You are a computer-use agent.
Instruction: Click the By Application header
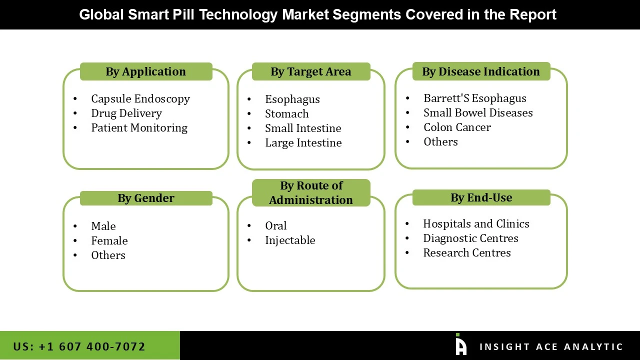click(x=145, y=71)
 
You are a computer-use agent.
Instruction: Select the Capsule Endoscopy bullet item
click(x=140, y=99)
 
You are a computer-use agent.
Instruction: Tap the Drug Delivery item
click(x=126, y=113)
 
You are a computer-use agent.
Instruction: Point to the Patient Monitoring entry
click(x=139, y=128)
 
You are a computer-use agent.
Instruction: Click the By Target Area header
click(x=310, y=71)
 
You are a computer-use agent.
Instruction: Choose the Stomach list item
click(x=286, y=114)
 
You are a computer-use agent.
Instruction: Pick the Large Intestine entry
click(x=303, y=143)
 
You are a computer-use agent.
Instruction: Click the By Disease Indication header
click(x=480, y=71)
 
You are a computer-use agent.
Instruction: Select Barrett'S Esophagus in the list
click(x=474, y=98)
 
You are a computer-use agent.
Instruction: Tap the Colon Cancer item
click(x=456, y=127)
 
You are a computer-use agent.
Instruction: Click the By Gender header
click(x=145, y=198)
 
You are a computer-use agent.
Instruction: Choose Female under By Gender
click(x=109, y=241)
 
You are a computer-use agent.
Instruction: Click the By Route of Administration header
click(x=310, y=192)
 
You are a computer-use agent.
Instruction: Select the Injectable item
click(x=290, y=240)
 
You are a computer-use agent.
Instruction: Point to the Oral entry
click(x=275, y=226)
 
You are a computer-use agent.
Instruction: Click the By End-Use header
click(x=480, y=197)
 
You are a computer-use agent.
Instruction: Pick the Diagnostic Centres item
click(x=470, y=238)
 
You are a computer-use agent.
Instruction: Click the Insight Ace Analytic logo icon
click(x=460, y=345)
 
